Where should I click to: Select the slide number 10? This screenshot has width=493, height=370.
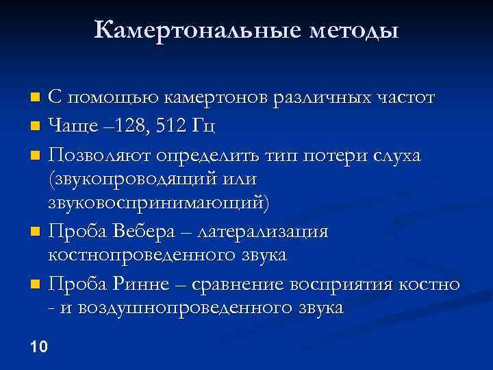click(x=39, y=347)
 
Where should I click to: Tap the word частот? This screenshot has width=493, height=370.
click(x=407, y=98)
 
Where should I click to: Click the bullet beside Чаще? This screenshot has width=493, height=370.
click(x=36, y=127)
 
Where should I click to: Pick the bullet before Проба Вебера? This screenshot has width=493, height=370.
click(x=36, y=232)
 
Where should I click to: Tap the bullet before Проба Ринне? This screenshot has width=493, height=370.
click(x=36, y=284)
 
